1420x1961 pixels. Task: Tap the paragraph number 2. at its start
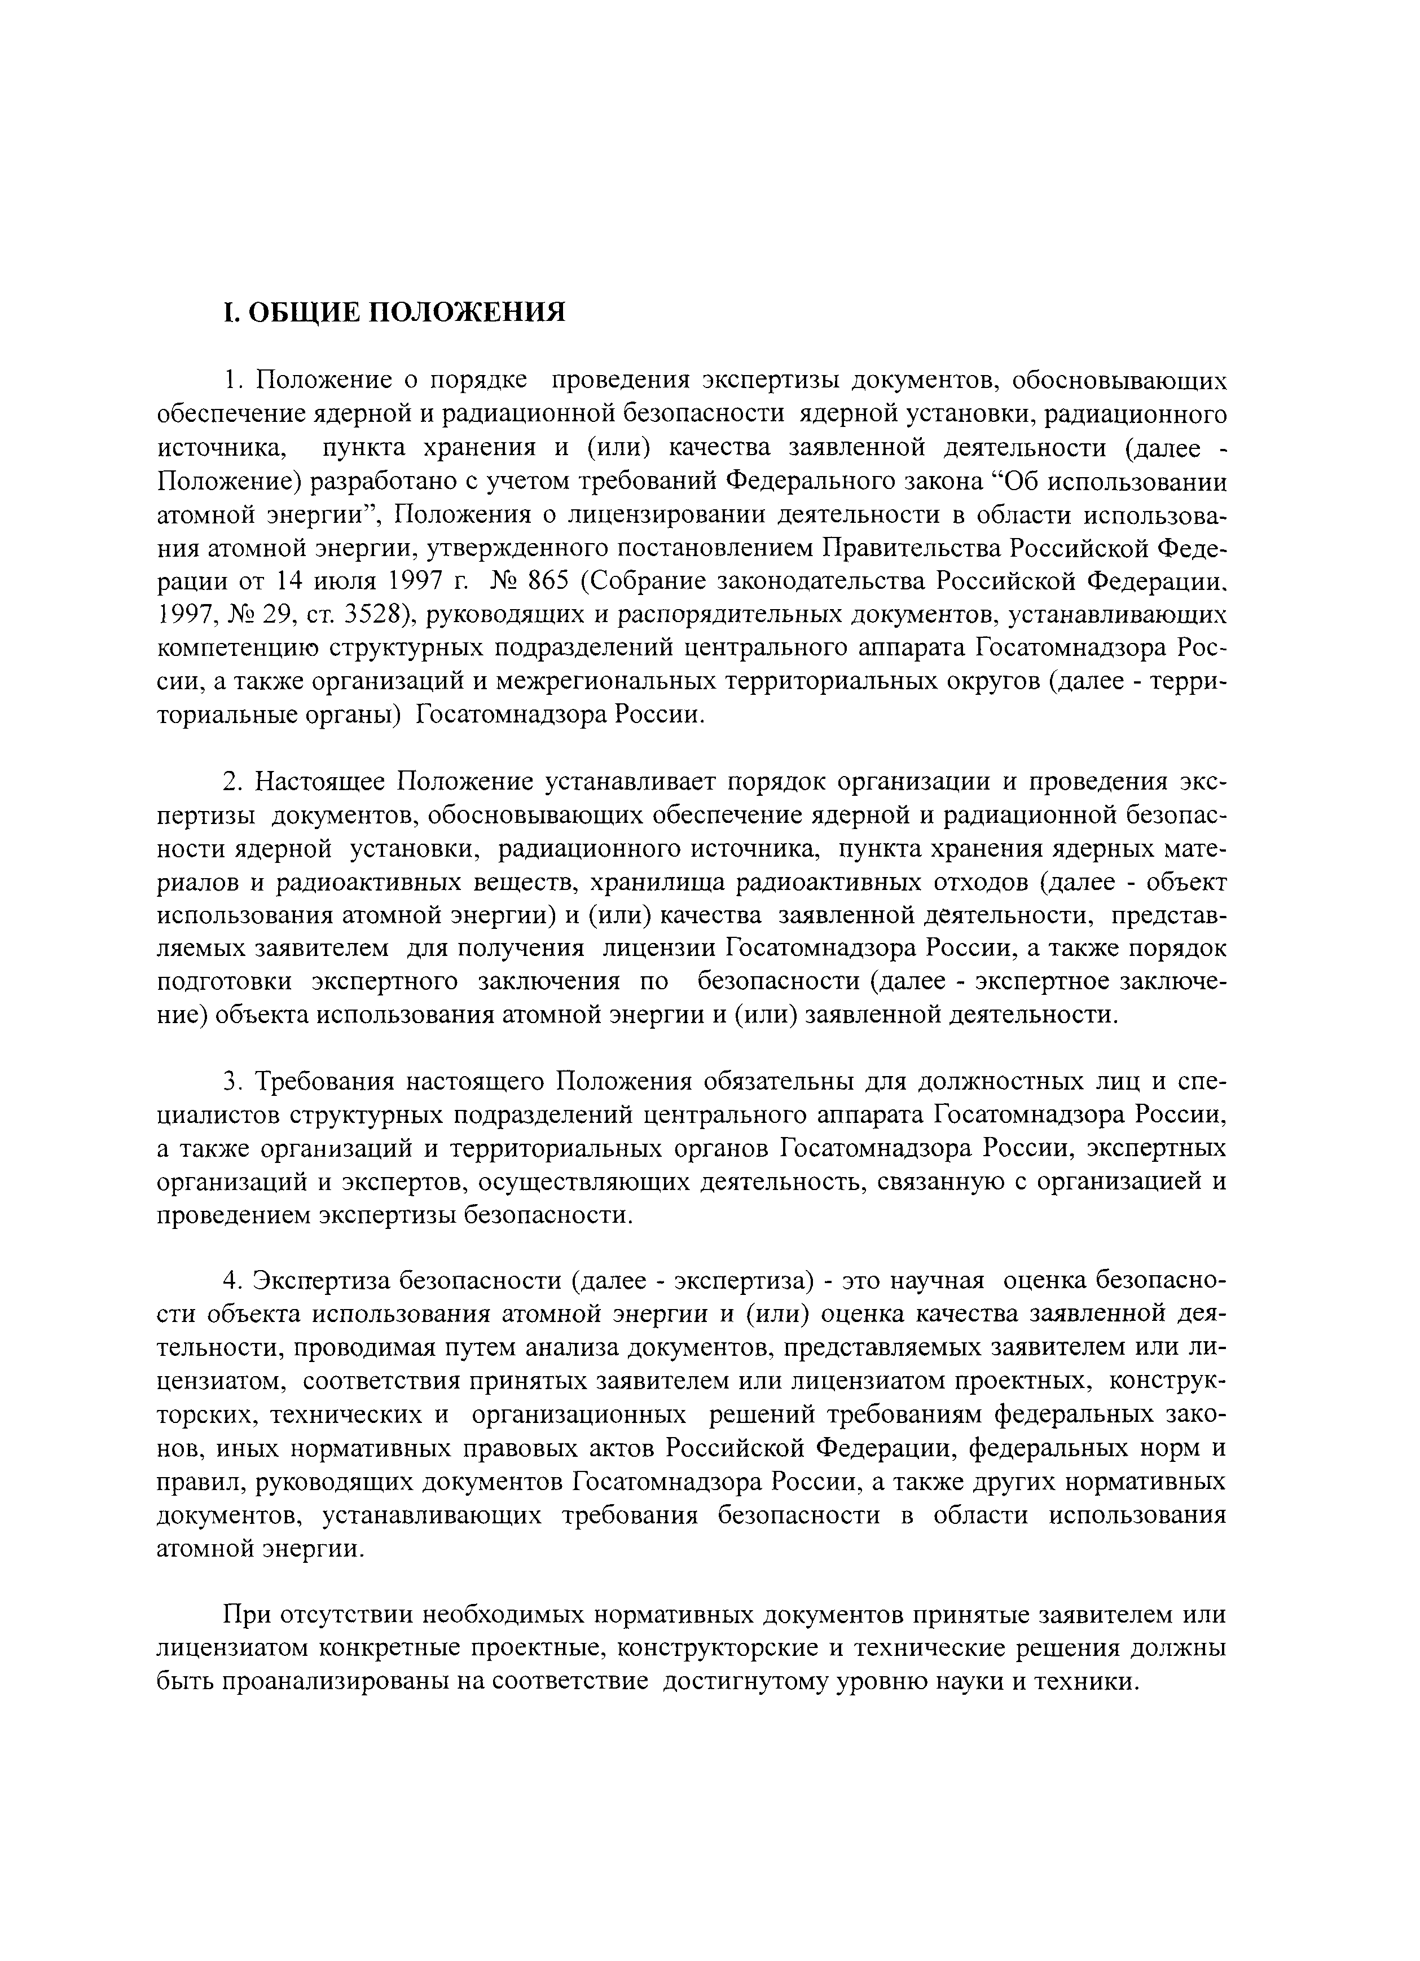pyautogui.click(x=230, y=782)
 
